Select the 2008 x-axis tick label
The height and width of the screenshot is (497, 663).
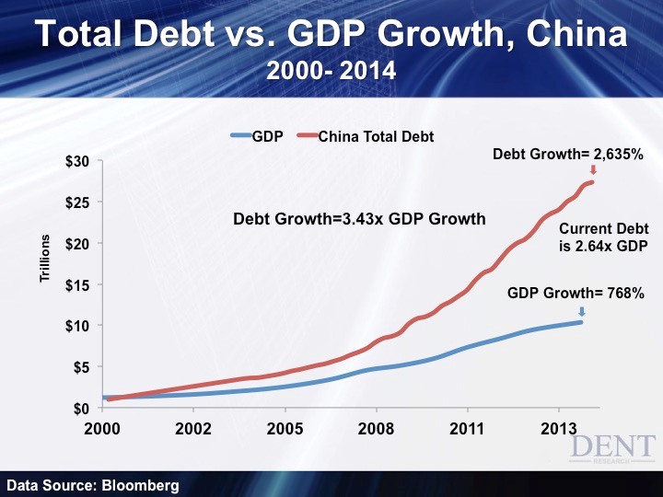pos(376,428)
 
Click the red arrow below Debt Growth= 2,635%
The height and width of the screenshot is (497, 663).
pos(593,170)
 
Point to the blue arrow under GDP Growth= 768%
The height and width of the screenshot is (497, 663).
pos(581,311)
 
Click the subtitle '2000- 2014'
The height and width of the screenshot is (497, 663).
pos(331,70)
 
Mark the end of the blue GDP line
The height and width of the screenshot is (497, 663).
pos(581,321)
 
